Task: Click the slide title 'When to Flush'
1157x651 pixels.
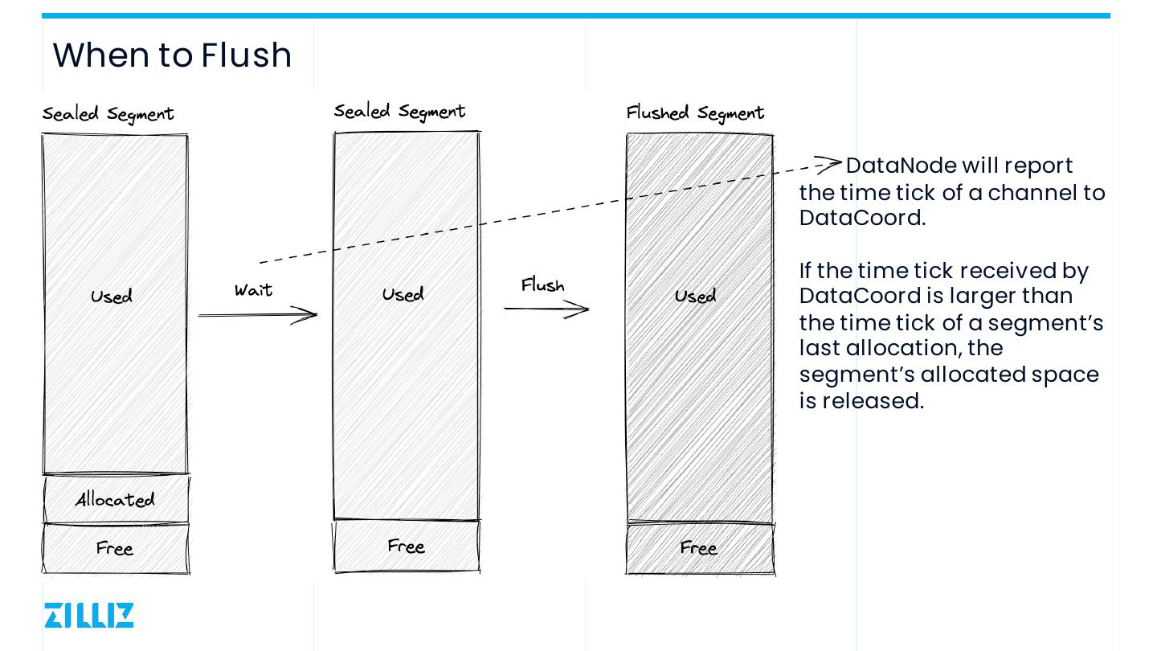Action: [172, 55]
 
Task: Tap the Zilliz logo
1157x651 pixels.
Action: [89, 615]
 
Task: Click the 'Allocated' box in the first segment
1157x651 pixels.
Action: [116, 499]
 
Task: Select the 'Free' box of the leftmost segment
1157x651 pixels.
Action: [115, 548]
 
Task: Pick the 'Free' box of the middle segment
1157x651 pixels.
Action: [407, 546]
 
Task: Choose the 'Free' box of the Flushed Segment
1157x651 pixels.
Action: [699, 548]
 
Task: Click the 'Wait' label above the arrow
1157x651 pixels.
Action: [254, 290]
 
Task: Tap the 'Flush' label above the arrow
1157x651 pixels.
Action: [543, 285]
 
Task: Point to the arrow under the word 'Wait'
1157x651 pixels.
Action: [258, 315]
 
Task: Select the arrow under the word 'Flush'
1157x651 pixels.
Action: [547, 309]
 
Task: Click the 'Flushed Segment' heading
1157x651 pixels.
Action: [695, 113]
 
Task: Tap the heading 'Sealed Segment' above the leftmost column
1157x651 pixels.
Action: [108, 114]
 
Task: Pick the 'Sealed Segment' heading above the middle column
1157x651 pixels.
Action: [399, 112]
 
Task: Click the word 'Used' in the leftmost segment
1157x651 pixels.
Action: [112, 297]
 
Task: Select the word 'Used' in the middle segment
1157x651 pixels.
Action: [403, 295]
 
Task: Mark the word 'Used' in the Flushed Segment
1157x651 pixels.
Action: [696, 297]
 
